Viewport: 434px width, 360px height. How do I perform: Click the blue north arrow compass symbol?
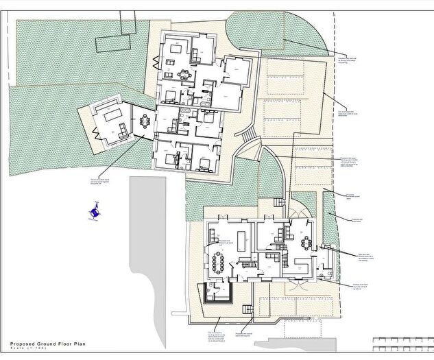pos(94,211)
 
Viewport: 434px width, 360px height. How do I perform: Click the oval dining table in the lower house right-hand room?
pos(306,243)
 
